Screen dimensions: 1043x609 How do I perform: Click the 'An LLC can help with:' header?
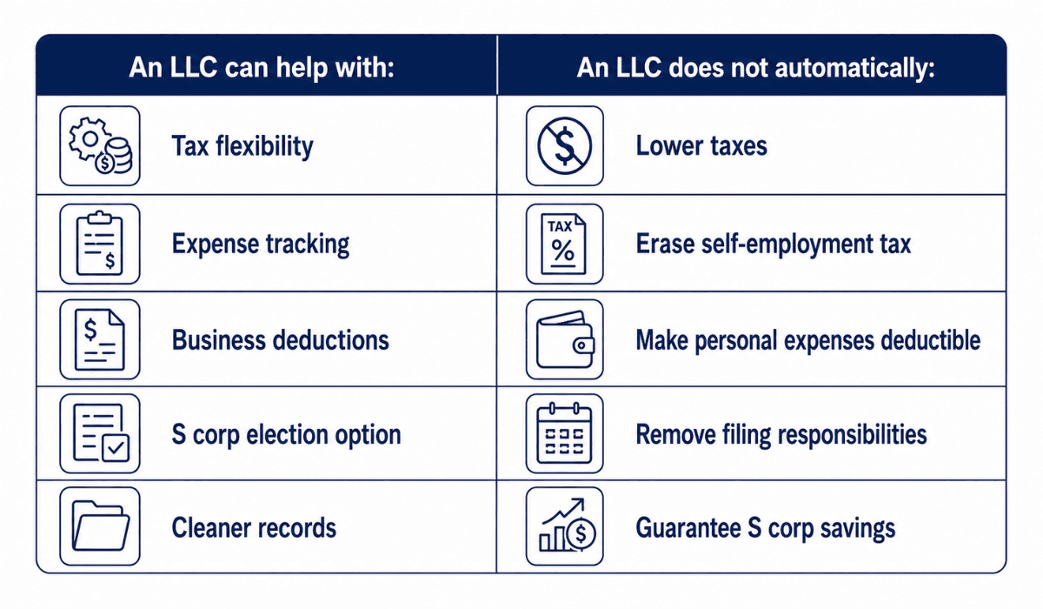click(x=262, y=67)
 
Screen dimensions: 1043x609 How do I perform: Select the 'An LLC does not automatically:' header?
click(x=755, y=67)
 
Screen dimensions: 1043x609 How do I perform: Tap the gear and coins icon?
click(x=100, y=146)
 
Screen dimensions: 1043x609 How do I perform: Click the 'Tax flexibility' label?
click(x=242, y=146)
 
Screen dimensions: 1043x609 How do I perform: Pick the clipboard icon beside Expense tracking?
click(x=100, y=244)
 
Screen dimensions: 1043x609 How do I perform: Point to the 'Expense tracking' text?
click(x=261, y=244)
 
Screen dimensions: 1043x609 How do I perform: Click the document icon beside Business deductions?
click(x=100, y=339)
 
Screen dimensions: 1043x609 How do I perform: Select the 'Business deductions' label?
click(x=280, y=339)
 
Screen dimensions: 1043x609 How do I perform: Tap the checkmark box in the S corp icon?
click(x=116, y=448)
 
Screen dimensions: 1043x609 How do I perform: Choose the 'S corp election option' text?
click(x=286, y=434)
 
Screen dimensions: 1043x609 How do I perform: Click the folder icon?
click(x=101, y=525)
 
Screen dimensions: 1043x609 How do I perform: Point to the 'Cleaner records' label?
click(x=254, y=528)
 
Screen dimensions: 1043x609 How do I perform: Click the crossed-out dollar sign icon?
click(x=565, y=146)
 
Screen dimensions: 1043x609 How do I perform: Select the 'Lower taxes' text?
click(x=701, y=146)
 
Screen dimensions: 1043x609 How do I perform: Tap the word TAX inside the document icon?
click(x=560, y=226)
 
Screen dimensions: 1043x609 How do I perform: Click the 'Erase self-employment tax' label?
click(x=774, y=244)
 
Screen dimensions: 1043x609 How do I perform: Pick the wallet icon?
click(x=565, y=339)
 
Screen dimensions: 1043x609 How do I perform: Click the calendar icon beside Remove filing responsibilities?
click(x=564, y=433)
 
